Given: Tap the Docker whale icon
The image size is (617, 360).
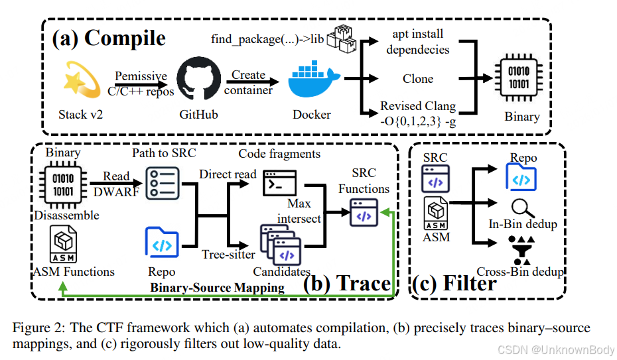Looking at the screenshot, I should pos(312,80).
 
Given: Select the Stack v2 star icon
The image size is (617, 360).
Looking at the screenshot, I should pos(81,80).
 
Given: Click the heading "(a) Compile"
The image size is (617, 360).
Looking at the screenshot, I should pos(109,38).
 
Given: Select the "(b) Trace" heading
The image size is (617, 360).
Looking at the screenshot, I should pos(347,284).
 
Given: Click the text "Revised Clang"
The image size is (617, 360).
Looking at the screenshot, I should pos(418,105).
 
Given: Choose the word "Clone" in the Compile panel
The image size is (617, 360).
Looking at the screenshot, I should pos(418,78).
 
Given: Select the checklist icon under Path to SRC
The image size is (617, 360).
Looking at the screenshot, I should pos(162,182).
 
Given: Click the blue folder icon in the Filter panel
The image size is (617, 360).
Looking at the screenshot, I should pos(521,177).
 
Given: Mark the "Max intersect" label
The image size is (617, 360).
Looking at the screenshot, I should pos(299,210).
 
